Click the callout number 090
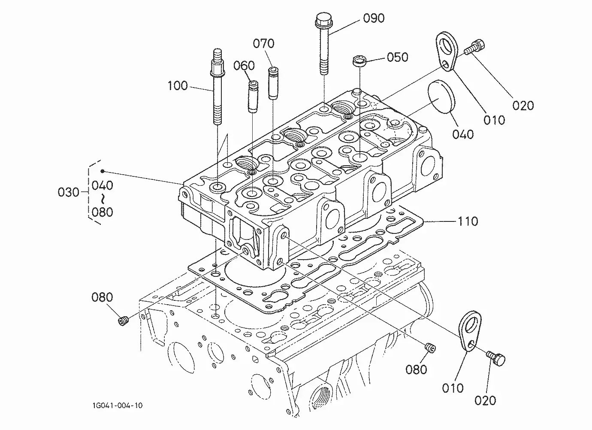[374, 18]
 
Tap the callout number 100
[178, 86]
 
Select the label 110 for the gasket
[468, 221]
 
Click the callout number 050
[398, 57]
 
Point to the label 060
[244, 66]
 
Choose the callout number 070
[263, 43]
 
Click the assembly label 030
[69, 192]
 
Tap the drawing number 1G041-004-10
[118, 406]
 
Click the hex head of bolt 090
[321, 18]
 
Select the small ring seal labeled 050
[359, 61]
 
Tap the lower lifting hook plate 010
[470, 331]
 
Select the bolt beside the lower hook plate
[496, 358]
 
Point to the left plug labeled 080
[123, 321]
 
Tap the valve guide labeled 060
[253, 97]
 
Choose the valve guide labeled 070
[273, 83]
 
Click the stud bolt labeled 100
[217, 87]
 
